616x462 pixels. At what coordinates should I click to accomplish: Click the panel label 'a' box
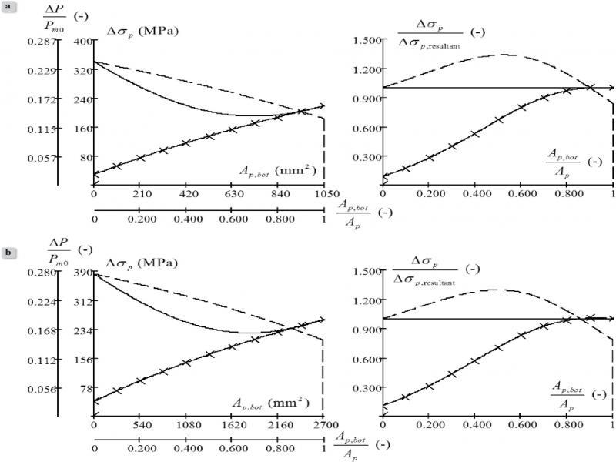pos(6,7)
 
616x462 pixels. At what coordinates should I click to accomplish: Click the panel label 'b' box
pos(6,250)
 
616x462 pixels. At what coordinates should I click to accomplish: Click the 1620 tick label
pos(232,424)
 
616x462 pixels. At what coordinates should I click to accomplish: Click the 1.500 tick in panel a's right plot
pos(365,40)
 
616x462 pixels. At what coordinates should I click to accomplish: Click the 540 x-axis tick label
pos(140,424)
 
